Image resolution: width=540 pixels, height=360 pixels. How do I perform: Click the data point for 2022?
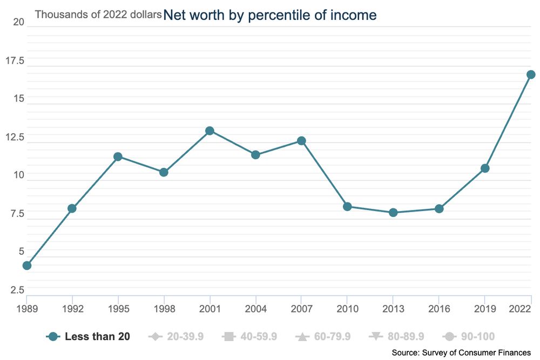pos(531,74)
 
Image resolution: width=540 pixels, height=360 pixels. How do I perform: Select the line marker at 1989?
pos(26,266)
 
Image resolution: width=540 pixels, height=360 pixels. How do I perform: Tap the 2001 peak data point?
pos(210,131)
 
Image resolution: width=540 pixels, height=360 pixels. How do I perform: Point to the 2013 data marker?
pos(393,213)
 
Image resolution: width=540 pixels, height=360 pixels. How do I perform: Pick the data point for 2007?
pos(301,141)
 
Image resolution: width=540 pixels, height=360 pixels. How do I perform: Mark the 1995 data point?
pos(118,157)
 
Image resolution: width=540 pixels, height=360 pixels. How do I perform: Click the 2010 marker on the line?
pos(347,207)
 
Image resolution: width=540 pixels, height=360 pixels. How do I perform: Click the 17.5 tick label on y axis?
pos(15,60)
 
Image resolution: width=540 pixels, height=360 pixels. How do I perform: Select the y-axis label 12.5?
pos(15,137)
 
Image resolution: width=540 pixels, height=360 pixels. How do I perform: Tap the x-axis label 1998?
pos(164,309)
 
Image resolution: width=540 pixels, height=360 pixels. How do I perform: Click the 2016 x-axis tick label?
pos(439,309)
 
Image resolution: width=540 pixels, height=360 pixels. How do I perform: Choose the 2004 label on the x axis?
pos(255,309)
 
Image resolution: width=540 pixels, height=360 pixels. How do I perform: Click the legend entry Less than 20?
pos(89,337)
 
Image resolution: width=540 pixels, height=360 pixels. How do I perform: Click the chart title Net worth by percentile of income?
pos(270,15)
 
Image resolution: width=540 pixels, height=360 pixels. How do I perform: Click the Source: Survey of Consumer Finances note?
pos(461,352)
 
